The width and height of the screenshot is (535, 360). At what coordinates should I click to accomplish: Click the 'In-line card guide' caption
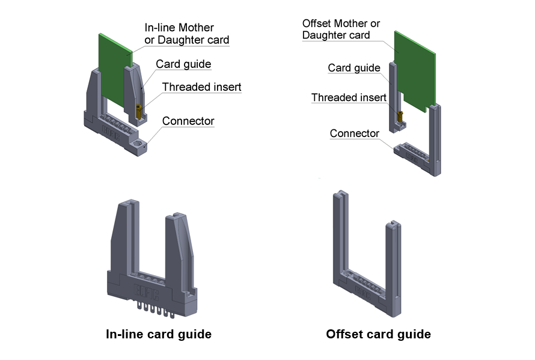[158, 334]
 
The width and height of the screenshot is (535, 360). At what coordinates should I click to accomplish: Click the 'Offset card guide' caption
[378, 334]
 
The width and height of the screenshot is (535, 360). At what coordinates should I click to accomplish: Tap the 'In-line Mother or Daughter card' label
[186, 34]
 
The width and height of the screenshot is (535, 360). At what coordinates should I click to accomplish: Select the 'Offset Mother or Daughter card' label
[341, 29]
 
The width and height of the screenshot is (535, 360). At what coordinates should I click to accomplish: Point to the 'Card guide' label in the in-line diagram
[183, 64]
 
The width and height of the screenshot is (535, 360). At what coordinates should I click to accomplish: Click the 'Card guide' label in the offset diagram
[354, 68]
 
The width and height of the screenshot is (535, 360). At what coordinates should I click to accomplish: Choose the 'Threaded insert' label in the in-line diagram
[201, 87]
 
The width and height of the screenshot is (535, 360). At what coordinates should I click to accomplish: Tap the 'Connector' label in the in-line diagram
[188, 121]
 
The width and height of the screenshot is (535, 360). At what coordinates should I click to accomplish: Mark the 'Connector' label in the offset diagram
[354, 133]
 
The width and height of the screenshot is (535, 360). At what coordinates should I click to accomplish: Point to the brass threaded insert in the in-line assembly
[139, 111]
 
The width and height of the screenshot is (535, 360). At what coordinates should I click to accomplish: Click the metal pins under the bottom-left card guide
[155, 307]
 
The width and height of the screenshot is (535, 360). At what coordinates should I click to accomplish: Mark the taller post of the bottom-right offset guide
[340, 240]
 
